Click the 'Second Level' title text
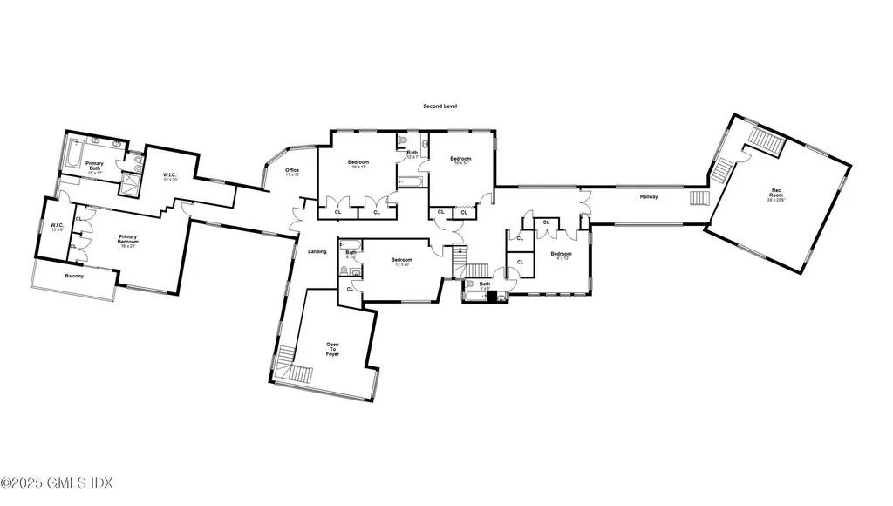click(440, 106)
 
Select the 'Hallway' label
click(648, 197)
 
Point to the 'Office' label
click(292, 172)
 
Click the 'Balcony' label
click(74, 277)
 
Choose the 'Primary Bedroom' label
click(128, 240)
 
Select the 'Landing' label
click(317, 252)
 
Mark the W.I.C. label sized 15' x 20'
click(170, 177)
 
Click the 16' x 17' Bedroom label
click(358, 164)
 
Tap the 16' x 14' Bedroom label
click(460, 161)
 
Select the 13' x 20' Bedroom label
click(401, 262)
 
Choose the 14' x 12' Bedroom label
click(561, 256)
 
